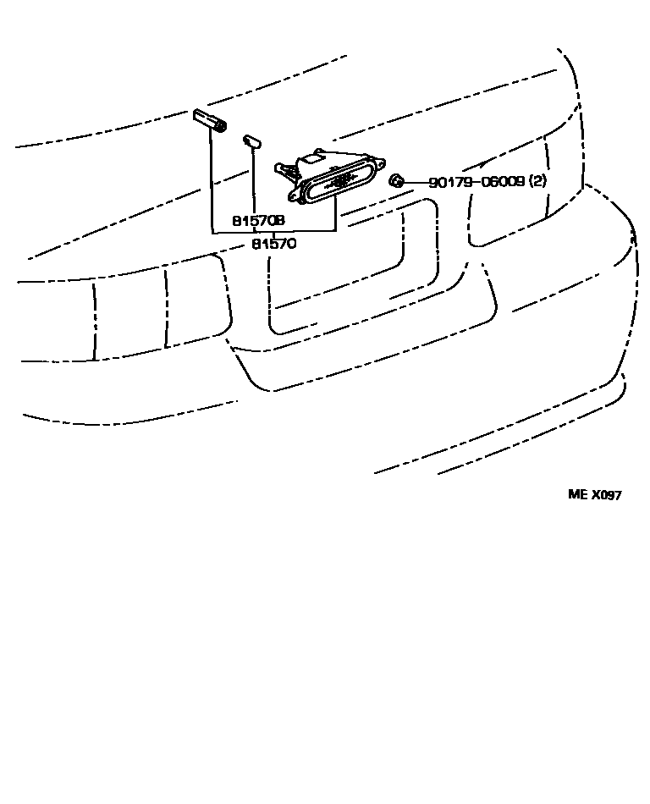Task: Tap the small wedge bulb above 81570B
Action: click(251, 140)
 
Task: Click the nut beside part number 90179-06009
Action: click(395, 181)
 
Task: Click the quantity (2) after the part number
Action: click(539, 182)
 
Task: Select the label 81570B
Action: click(258, 220)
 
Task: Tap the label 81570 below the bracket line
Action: click(273, 244)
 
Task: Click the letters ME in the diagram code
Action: click(577, 495)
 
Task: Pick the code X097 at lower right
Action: click(606, 495)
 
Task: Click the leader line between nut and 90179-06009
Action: click(415, 182)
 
